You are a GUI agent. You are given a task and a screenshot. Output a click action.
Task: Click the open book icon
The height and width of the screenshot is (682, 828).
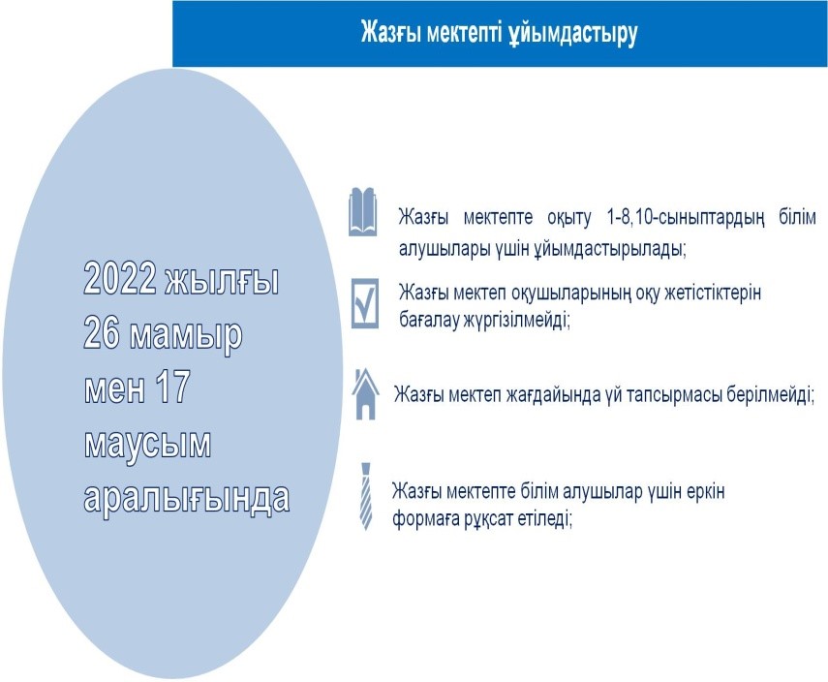click(363, 211)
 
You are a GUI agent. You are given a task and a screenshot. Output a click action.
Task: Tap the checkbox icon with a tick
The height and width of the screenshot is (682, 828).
click(365, 304)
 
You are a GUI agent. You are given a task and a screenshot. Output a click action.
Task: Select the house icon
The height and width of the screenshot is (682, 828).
click(365, 394)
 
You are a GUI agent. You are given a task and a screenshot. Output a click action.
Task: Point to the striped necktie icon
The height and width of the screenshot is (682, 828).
click(365, 496)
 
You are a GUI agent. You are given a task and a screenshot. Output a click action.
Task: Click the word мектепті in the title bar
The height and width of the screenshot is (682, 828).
click(464, 32)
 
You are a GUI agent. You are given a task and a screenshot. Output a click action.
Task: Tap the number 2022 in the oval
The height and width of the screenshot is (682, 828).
click(120, 278)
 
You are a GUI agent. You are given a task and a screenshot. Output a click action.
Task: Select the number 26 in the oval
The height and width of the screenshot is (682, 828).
click(102, 333)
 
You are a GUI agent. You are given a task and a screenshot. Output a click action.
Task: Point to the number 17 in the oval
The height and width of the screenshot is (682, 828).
click(172, 387)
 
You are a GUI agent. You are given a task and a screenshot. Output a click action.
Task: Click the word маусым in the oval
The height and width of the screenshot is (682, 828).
click(147, 445)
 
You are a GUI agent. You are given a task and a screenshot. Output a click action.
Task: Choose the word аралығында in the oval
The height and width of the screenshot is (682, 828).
click(186, 497)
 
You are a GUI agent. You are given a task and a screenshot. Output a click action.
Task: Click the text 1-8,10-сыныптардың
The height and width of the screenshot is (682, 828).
click(686, 218)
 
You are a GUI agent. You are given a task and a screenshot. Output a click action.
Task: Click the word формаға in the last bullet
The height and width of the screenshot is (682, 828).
click(425, 520)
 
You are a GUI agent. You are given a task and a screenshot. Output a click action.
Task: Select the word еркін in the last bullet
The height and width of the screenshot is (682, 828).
click(706, 492)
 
